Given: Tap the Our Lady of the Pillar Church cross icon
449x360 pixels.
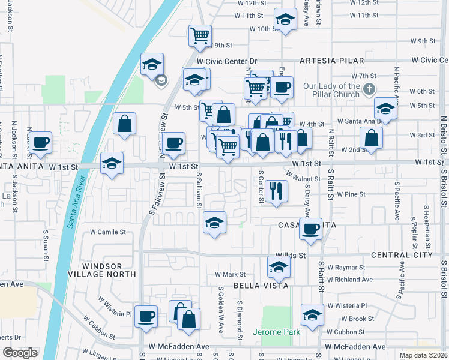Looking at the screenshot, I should pyautogui.click(x=369, y=89).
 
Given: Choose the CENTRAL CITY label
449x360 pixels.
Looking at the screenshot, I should pyautogui.click(x=402, y=255).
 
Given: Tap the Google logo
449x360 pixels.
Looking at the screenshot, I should pyautogui.click(x=20, y=353).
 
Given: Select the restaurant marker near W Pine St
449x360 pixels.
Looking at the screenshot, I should pyautogui.click(x=276, y=191).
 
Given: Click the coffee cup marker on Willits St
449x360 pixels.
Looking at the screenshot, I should pyautogui.click(x=310, y=229).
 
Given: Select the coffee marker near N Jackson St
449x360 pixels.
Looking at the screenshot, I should pyautogui.click(x=40, y=142).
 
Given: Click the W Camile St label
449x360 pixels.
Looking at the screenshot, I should pyautogui.click(x=108, y=232).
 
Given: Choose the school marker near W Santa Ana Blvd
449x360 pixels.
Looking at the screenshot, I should pyautogui.click(x=385, y=108).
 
